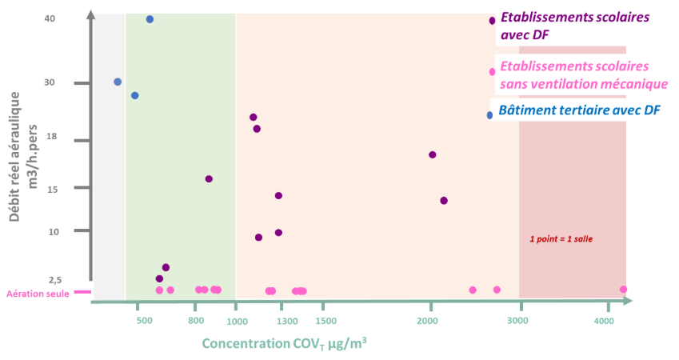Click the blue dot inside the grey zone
click(x=118, y=82)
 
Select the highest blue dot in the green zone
click(x=150, y=19)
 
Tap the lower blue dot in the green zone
click(x=134, y=95)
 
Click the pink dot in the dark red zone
click(x=624, y=290)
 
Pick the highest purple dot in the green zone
click(x=209, y=179)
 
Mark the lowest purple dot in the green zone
click(x=159, y=278)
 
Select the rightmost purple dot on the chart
click(x=444, y=201)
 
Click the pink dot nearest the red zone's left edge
click(x=497, y=290)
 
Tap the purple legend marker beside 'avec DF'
click(x=493, y=21)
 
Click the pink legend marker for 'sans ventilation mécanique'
click(x=493, y=72)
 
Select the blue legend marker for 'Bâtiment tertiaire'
click(x=489, y=115)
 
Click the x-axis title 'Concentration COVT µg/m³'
click(x=284, y=344)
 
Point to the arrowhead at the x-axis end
click(x=629, y=301)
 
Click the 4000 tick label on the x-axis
click(x=604, y=322)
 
